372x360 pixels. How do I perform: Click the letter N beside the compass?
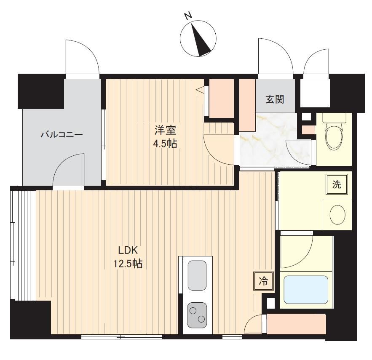click(188, 16)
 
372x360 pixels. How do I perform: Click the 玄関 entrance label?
click(275, 99)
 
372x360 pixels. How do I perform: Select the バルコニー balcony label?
click(62, 135)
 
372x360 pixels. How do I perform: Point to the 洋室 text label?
click(165, 130)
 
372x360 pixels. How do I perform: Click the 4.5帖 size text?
click(165, 144)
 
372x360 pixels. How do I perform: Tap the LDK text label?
click(128, 250)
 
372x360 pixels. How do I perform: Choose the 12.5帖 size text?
click(128, 263)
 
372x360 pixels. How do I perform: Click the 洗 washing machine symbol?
click(337, 184)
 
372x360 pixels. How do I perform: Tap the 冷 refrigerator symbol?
click(263, 281)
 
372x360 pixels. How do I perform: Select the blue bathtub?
click(306, 290)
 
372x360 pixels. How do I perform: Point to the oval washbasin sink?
click(337, 214)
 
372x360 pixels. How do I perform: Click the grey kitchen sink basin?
click(197, 275)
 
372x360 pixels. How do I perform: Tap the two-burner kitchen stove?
click(197, 315)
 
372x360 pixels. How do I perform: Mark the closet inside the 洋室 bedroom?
click(222, 99)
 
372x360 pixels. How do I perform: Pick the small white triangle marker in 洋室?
click(200, 90)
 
